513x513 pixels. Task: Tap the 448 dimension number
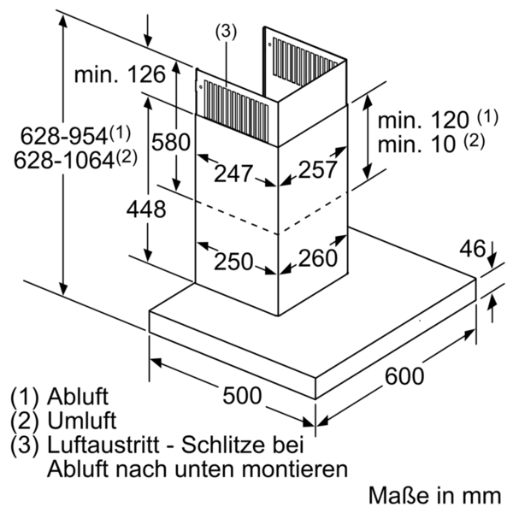(x=146, y=209)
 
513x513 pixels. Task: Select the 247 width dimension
(x=233, y=174)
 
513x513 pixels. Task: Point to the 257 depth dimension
(x=319, y=169)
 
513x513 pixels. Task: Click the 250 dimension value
(x=233, y=262)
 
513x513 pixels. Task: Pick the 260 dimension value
(x=318, y=257)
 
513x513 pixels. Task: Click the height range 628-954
(x=61, y=135)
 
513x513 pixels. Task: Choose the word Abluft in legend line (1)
(x=80, y=398)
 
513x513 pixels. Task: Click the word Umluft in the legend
(x=82, y=422)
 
